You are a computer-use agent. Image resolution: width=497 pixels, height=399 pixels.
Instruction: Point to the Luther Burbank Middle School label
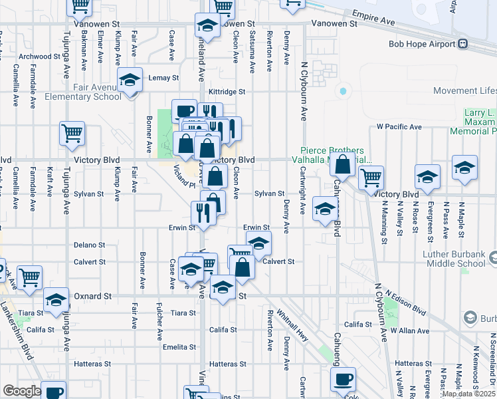point(459,259)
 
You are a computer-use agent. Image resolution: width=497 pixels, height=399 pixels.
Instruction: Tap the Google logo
point(22,391)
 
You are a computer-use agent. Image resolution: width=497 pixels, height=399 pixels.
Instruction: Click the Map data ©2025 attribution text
point(468,394)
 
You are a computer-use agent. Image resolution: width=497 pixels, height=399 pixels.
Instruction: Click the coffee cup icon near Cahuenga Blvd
point(343,380)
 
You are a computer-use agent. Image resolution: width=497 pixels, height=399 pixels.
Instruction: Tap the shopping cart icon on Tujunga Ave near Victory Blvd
point(72,133)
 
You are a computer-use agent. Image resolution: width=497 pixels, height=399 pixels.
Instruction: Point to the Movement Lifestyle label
point(465,90)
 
